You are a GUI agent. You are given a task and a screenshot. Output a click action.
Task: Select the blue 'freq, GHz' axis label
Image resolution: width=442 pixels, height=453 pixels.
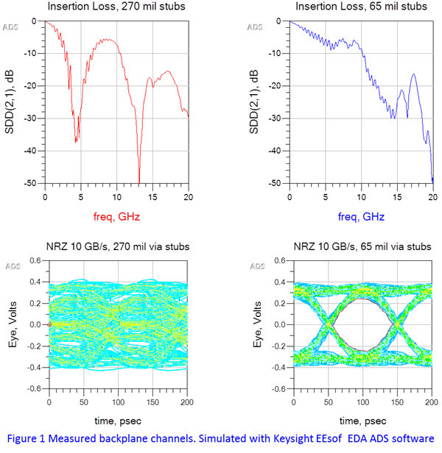pos(360,217)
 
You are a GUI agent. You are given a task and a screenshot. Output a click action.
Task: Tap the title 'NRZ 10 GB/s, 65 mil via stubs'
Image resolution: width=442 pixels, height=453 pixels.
pos(360,246)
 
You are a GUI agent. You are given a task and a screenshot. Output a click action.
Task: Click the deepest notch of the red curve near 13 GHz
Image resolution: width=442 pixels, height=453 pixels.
pos(138,182)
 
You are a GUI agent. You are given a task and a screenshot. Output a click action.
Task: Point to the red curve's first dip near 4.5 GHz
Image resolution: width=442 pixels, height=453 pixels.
pos(77,140)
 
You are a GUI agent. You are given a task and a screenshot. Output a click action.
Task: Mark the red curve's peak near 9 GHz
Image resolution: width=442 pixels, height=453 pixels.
pos(109,39)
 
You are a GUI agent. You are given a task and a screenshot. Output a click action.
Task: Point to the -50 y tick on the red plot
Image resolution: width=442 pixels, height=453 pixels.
pos(33,183)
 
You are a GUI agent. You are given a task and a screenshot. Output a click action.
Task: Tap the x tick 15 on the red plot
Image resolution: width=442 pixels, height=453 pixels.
pos(152,198)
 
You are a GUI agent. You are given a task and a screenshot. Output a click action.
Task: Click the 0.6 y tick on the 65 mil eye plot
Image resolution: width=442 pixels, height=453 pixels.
pos(281,260)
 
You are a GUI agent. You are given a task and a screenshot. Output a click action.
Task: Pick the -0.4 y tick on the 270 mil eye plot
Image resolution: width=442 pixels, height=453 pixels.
pos(34,368)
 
